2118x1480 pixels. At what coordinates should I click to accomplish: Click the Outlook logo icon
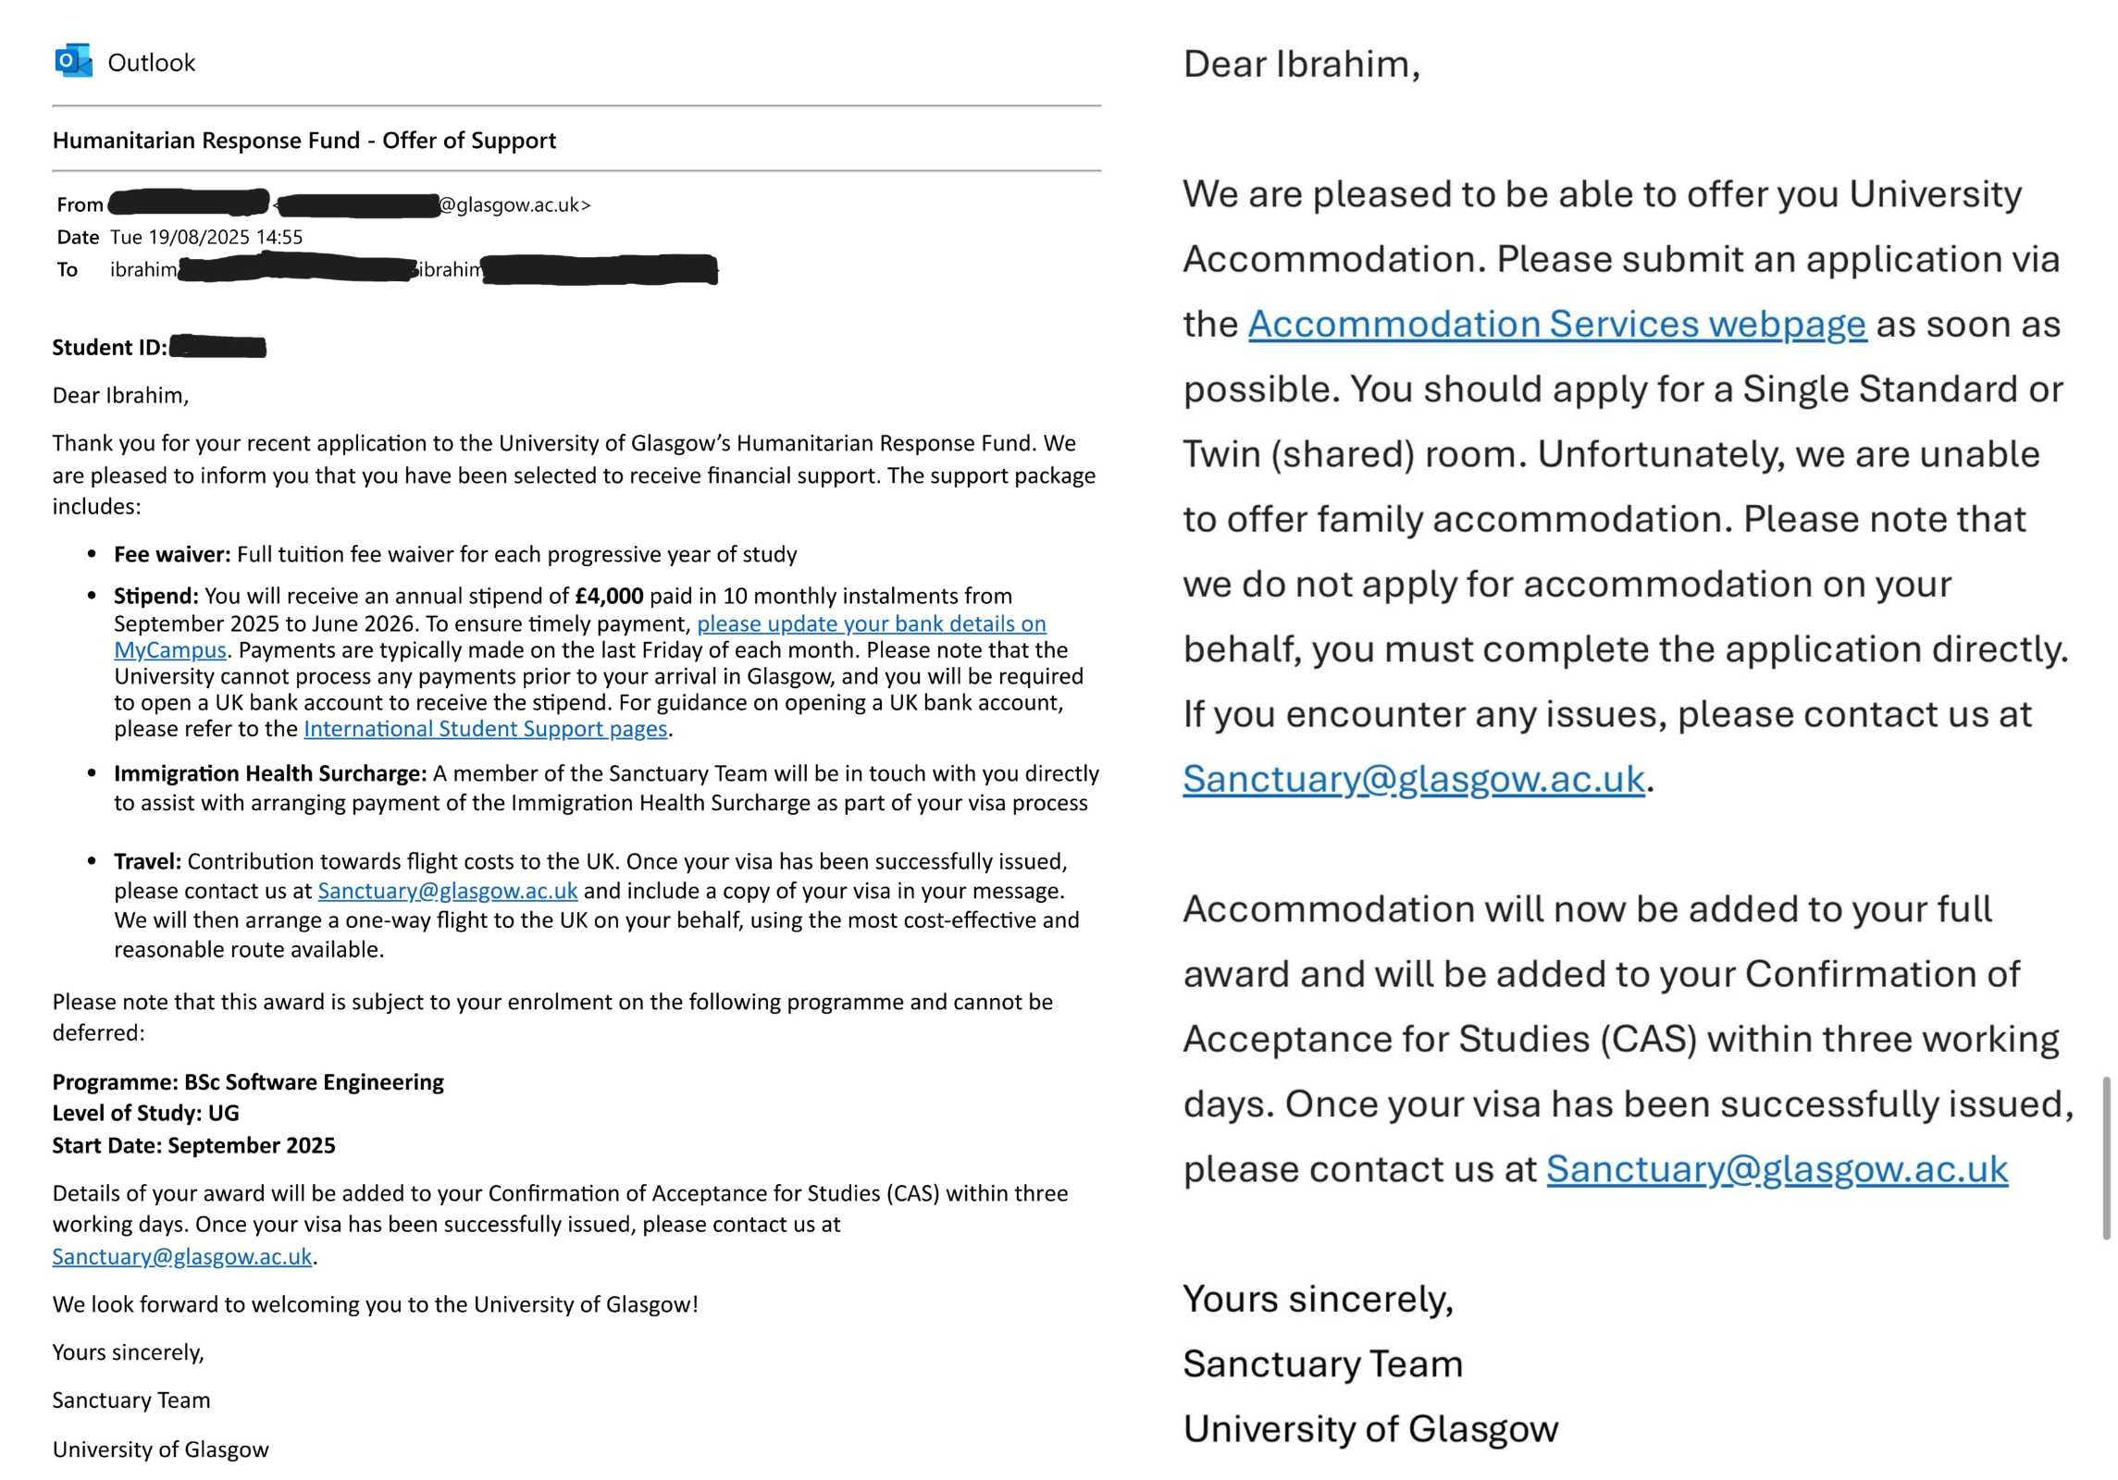coord(73,61)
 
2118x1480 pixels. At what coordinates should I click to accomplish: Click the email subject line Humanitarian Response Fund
coord(303,141)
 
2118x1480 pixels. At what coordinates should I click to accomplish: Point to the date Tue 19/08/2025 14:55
coord(205,237)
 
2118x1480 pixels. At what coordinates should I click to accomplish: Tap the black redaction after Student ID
coord(218,347)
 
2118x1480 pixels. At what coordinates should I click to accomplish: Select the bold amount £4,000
coord(609,596)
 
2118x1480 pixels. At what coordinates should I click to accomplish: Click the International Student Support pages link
coord(485,729)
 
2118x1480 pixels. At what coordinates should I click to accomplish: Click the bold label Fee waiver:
coord(172,554)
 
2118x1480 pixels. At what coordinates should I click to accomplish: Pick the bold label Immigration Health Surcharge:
coord(270,773)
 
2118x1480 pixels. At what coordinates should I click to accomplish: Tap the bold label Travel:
coord(147,861)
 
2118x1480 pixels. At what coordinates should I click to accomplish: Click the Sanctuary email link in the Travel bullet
coord(448,891)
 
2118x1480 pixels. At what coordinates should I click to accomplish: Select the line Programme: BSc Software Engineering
coord(248,1082)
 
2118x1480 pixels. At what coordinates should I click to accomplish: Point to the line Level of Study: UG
coord(145,1113)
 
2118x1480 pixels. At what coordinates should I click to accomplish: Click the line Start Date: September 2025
coord(193,1145)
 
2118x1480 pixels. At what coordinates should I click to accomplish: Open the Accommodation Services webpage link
coord(1556,325)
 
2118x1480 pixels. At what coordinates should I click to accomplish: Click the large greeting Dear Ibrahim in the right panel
coord(1301,65)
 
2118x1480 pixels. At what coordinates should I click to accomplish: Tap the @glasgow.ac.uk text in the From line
coord(514,204)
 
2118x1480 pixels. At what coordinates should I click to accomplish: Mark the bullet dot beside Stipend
coord(92,596)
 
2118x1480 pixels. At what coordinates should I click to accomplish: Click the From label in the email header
coord(80,204)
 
